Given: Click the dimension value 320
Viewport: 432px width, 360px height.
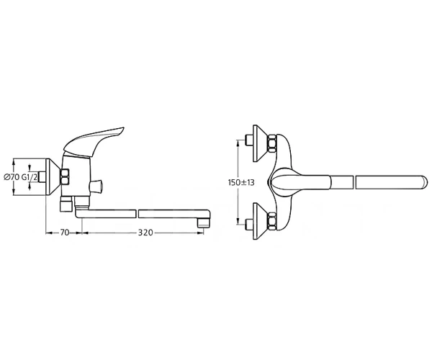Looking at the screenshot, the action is coord(145,233).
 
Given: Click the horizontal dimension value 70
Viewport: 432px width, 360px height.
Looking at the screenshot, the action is coord(64,233).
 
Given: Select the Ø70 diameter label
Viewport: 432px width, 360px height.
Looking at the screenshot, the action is coord(12,177).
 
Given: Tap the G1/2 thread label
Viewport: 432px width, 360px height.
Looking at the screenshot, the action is coord(30,177).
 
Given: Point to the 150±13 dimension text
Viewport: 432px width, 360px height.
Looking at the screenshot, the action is coord(241,182).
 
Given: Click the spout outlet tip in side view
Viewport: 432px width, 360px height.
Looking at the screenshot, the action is coord(204,222).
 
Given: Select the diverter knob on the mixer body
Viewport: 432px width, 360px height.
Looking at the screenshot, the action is coord(96,186).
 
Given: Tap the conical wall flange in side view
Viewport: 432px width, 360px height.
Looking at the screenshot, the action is coord(53,177).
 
